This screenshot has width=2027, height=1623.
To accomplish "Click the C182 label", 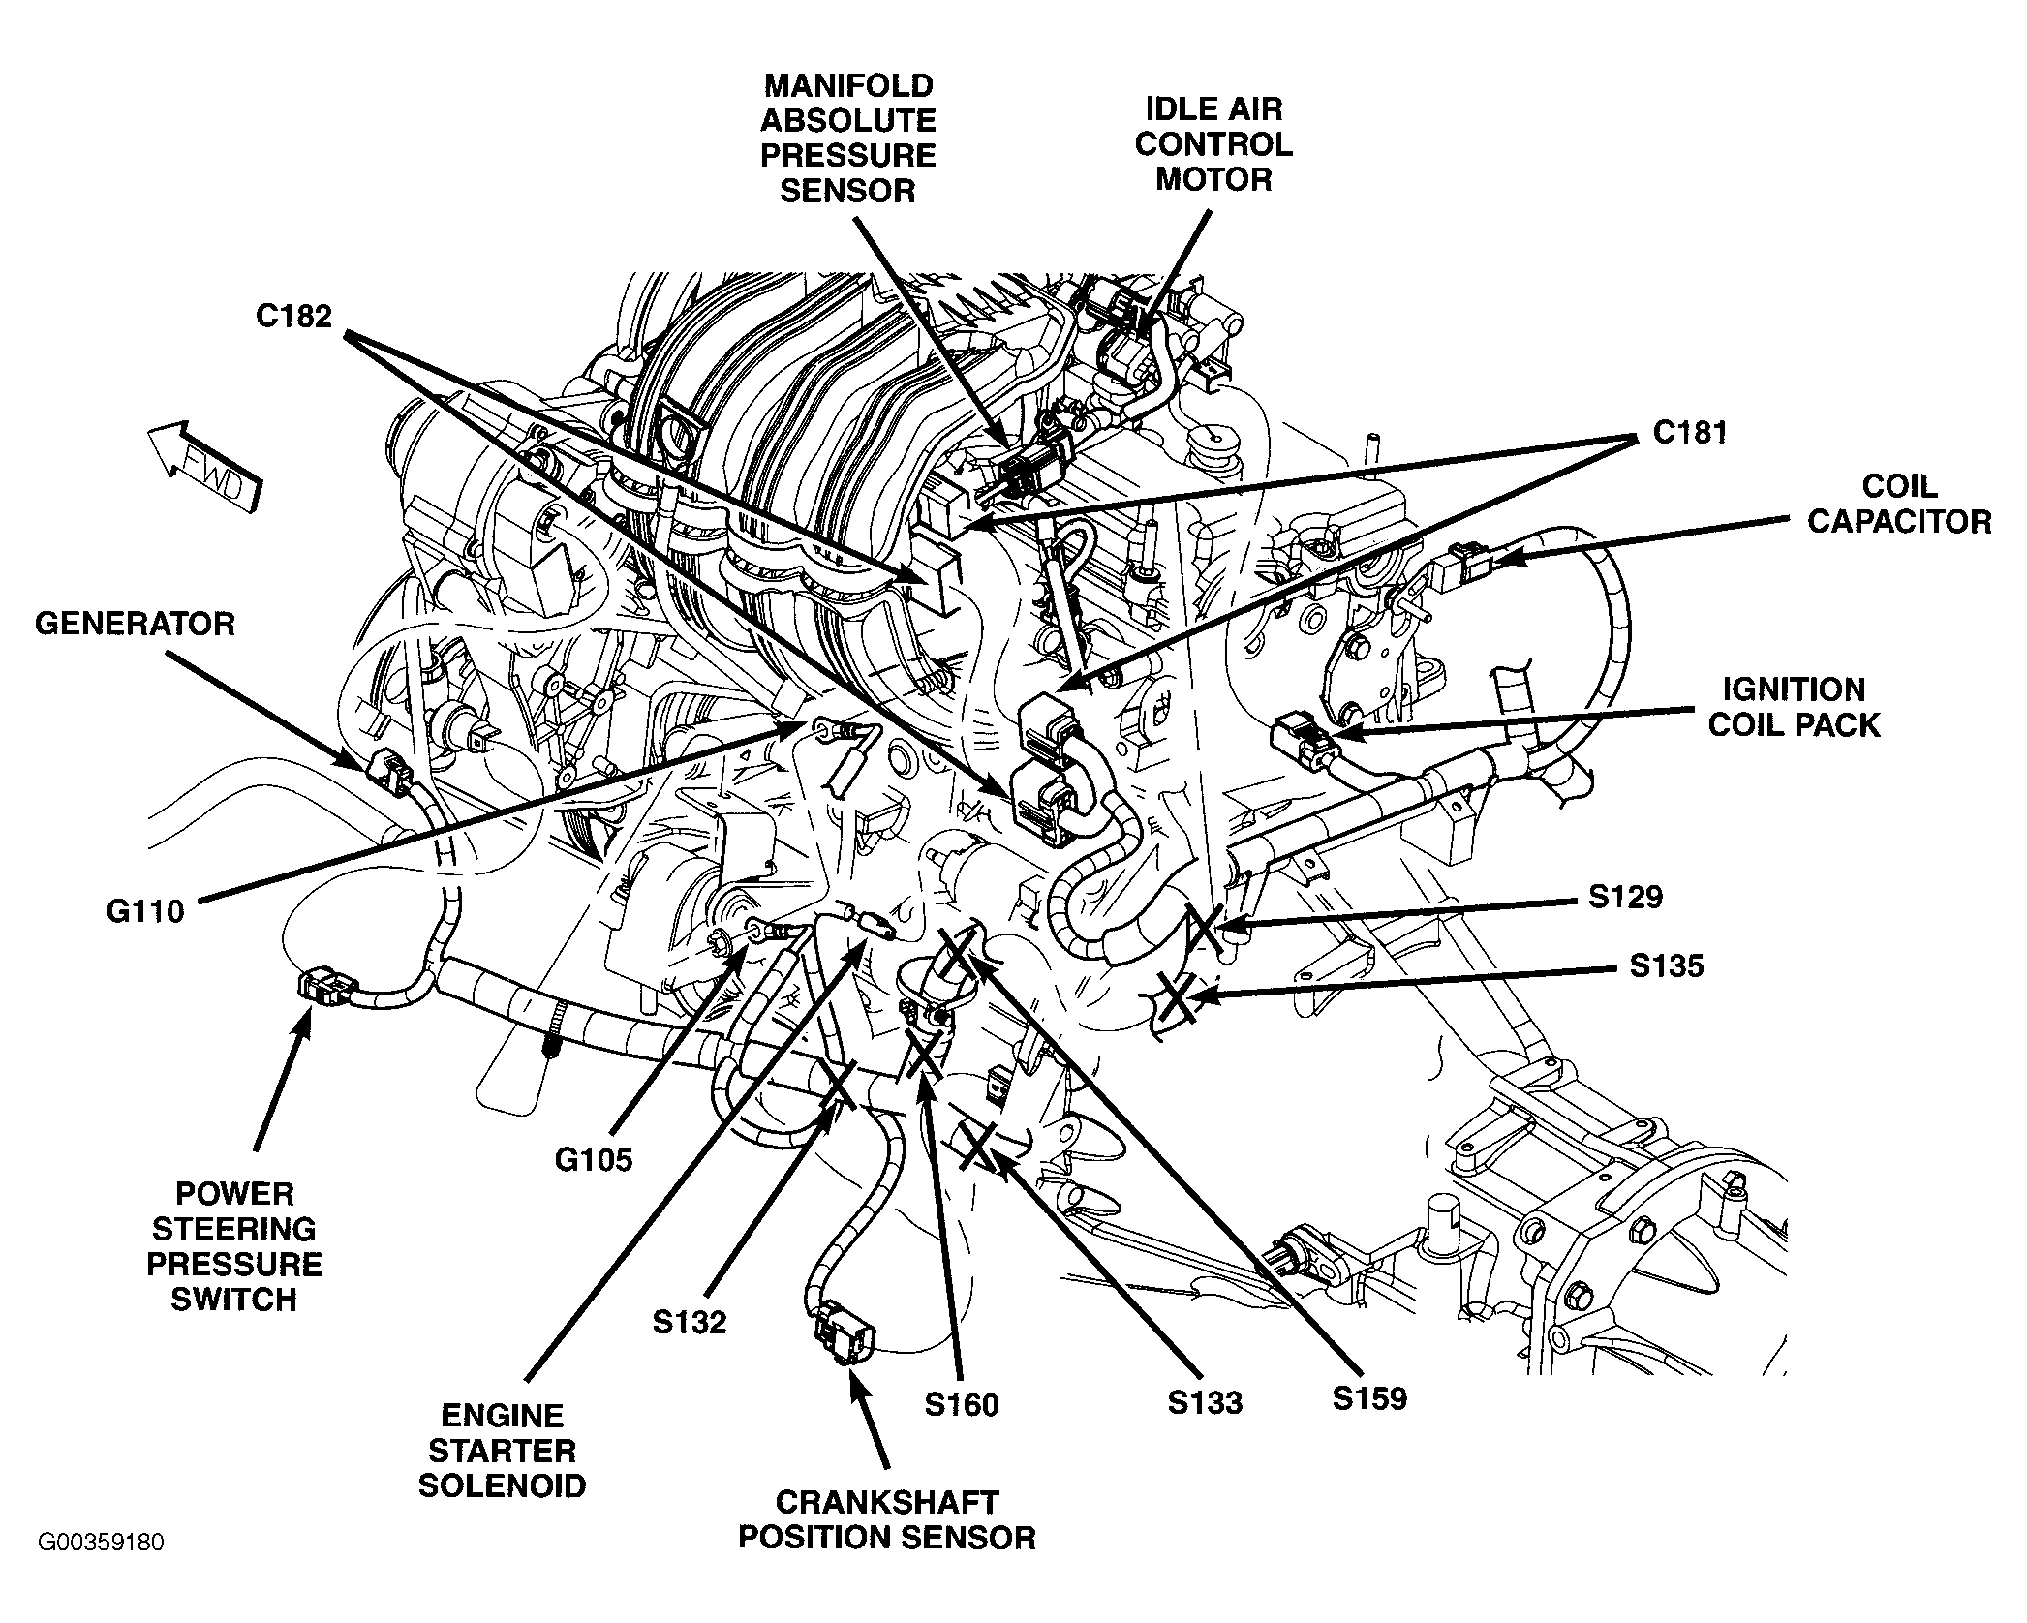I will (x=293, y=317).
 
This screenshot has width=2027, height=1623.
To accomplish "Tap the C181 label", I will (x=1690, y=432).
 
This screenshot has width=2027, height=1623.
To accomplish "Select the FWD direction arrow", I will (x=204, y=464).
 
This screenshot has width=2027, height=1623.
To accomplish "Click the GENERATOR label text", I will (x=135, y=624).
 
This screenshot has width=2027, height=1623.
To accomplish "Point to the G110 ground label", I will (x=145, y=911).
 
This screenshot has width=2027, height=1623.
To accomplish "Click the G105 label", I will (x=593, y=1159).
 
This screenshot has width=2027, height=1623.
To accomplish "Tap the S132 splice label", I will (x=689, y=1322).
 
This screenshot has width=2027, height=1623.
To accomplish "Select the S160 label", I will (x=961, y=1404).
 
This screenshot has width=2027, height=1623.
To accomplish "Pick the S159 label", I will (x=1368, y=1398).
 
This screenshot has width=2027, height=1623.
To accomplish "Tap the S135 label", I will (x=1666, y=965).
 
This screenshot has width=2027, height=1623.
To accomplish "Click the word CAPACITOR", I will (x=1899, y=522).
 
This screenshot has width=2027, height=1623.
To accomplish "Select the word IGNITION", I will (x=1794, y=689).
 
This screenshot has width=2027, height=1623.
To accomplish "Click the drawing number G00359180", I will (x=101, y=1568).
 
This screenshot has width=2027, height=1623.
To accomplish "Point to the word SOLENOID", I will (x=502, y=1485).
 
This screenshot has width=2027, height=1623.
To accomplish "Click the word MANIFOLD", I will (x=848, y=85).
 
